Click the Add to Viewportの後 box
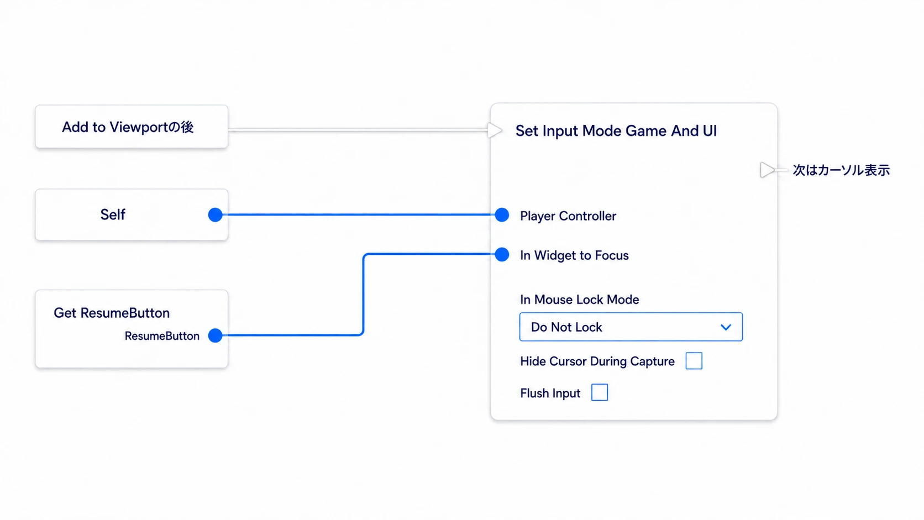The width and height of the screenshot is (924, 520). [x=132, y=127]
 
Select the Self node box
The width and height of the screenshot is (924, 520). [x=132, y=214]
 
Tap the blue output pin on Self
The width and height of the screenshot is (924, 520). [x=216, y=214]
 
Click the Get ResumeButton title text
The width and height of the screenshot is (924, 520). [x=112, y=313]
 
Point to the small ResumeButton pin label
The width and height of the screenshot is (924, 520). [x=162, y=336]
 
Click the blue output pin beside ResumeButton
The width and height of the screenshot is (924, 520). [x=216, y=335]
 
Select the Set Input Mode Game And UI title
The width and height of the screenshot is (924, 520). [x=616, y=131]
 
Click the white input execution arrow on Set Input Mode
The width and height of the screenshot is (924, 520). [x=495, y=130]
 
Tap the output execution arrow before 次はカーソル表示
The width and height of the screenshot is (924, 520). [x=767, y=170]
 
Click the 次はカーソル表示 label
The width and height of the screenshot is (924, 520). [x=841, y=170]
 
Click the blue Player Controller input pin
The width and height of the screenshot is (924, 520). [x=502, y=215]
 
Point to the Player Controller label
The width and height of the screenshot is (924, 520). [x=568, y=216]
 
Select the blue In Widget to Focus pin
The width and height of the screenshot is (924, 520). [x=502, y=254]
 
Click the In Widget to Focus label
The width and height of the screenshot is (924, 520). [x=574, y=256]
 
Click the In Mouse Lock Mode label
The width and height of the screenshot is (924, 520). [x=580, y=300]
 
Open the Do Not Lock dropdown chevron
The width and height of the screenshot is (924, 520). [x=726, y=328]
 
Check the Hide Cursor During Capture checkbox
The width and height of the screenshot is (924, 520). [x=694, y=361]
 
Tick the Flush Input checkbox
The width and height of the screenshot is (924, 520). [x=600, y=392]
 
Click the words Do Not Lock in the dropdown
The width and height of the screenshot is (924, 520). [x=566, y=328]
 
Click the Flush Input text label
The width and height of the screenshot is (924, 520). [x=550, y=393]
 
